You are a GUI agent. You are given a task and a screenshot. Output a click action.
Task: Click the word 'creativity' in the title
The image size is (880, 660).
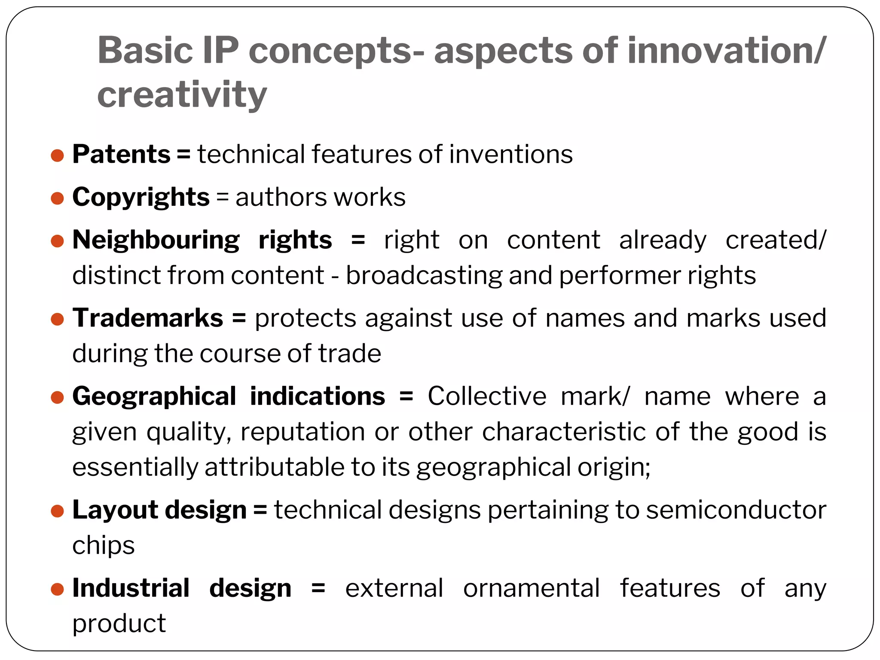(x=182, y=95)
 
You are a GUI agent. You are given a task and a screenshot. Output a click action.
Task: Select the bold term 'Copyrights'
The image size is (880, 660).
(x=141, y=197)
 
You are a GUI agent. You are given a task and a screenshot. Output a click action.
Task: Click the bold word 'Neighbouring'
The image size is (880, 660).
(x=156, y=240)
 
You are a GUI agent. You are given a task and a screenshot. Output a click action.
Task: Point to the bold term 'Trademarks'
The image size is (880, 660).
(x=147, y=318)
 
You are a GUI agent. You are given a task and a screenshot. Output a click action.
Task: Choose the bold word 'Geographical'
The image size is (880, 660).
(x=154, y=396)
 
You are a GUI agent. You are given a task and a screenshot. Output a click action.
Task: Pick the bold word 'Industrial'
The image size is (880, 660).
(x=131, y=588)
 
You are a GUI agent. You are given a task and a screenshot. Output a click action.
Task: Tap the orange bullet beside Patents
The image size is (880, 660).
(x=57, y=155)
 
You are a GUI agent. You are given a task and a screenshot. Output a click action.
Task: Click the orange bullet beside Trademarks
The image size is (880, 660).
(x=57, y=319)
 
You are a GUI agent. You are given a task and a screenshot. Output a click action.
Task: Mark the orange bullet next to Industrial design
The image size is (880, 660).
(x=57, y=589)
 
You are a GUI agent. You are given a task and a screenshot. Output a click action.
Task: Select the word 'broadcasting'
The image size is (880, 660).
(x=424, y=275)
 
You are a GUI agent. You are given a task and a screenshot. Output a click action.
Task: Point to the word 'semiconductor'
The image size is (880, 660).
(x=736, y=510)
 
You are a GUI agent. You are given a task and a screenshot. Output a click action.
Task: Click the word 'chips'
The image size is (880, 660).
(x=103, y=546)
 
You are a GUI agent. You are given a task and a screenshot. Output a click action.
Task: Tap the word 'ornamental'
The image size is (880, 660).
(x=531, y=588)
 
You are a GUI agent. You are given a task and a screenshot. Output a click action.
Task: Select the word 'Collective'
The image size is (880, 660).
(x=486, y=396)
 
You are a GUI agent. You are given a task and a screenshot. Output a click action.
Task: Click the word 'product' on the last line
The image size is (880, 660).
(x=119, y=623)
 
